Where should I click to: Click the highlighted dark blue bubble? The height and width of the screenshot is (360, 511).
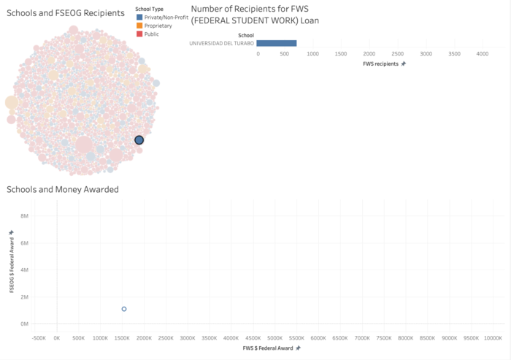[x=139, y=140]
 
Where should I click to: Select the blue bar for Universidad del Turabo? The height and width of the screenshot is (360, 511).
[x=277, y=43]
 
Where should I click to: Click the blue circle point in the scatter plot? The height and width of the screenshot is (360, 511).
[x=124, y=309]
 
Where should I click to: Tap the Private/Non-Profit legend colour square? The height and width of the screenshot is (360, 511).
[x=139, y=17]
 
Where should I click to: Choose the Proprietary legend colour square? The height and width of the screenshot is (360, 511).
[x=139, y=26]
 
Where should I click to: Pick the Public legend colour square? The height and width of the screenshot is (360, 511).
[x=139, y=34]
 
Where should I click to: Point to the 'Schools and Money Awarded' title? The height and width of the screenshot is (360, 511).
[x=63, y=190]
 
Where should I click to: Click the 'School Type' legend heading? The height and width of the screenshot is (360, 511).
[x=149, y=9]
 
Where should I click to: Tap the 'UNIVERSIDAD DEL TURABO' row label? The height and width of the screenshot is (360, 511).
[x=221, y=43]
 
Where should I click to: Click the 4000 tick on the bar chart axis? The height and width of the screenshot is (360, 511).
[x=483, y=54]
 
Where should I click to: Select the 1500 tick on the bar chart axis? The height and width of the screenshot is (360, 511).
[x=341, y=54]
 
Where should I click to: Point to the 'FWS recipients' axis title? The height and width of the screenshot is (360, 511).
[x=381, y=64]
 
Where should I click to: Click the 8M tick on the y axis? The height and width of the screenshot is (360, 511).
[x=24, y=216]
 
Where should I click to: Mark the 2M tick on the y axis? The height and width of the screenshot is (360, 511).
[x=24, y=297]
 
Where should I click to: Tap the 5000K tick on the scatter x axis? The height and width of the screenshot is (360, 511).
[x=274, y=338]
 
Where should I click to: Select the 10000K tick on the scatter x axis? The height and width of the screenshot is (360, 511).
[x=493, y=338]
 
